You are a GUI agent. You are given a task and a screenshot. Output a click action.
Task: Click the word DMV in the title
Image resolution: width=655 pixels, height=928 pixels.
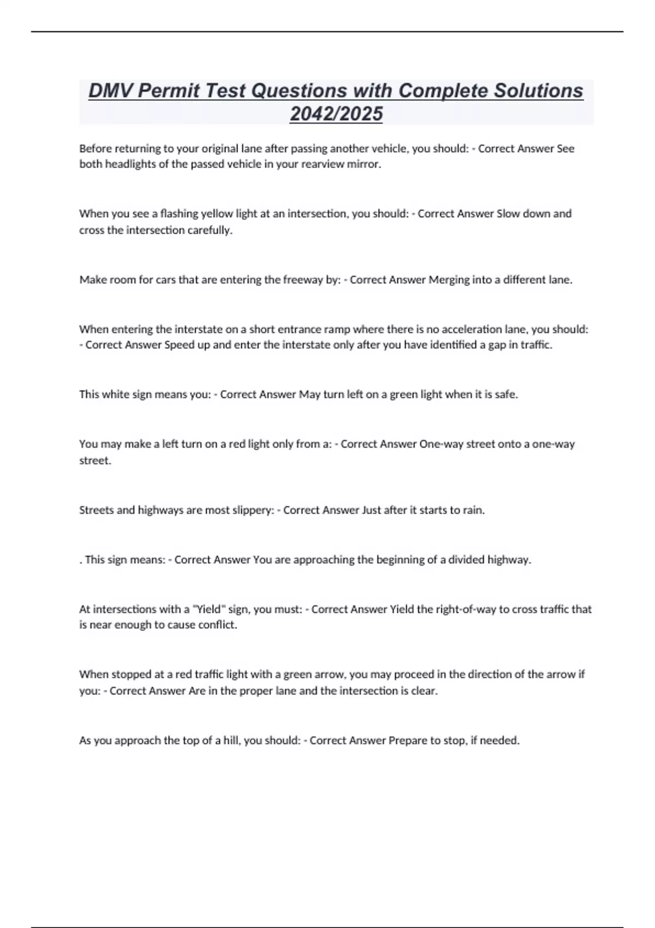[111, 91]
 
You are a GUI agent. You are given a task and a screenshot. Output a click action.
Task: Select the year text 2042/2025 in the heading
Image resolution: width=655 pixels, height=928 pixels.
[336, 114]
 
